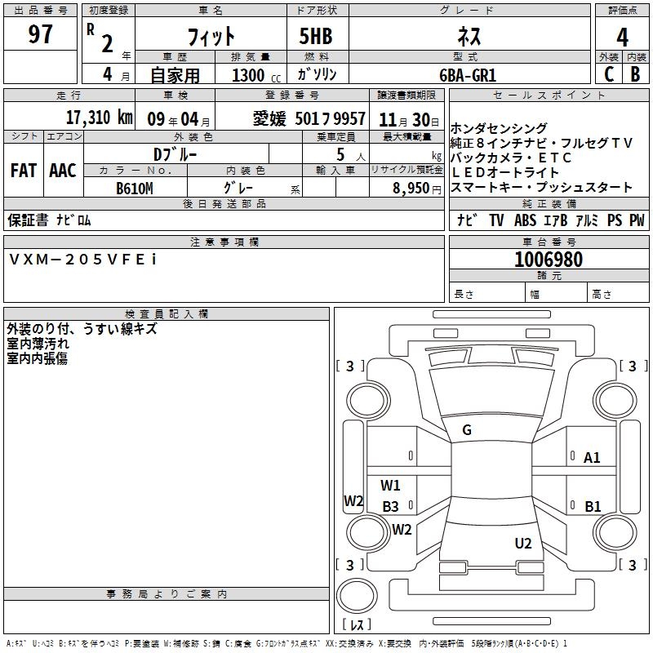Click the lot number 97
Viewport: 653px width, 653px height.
click(x=41, y=35)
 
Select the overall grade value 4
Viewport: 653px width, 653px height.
click(x=622, y=37)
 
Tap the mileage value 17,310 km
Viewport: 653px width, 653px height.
click(x=100, y=118)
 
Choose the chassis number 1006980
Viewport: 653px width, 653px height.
click(x=549, y=260)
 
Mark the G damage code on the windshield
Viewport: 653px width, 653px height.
click(x=467, y=430)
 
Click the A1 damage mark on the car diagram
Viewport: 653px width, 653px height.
click(x=592, y=458)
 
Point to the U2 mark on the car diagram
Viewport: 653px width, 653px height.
click(x=523, y=544)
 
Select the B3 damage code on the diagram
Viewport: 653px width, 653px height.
click(x=390, y=507)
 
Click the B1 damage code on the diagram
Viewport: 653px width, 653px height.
click(x=593, y=507)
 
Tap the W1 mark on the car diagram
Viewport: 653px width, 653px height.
click(x=391, y=486)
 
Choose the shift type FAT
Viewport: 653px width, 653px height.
click(x=24, y=171)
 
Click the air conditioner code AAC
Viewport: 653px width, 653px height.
click(x=62, y=171)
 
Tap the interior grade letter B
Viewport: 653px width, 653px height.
click(x=635, y=74)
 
